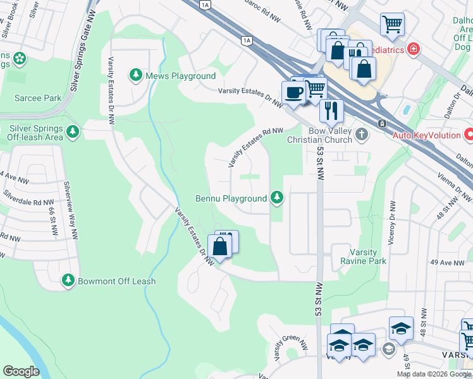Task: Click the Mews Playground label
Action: pos(181,76)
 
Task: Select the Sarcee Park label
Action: pos(38,98)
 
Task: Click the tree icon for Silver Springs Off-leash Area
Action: pos(74,131)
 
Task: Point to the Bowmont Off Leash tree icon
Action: pos(68,280)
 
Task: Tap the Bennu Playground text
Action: pos(231,198)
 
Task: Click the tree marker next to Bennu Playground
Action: pos(276,198)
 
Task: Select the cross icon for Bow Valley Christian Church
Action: pos(362,134)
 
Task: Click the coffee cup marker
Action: pos(293,92)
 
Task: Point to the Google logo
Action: pos(21,371)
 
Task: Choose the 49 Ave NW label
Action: pos(443,262)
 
